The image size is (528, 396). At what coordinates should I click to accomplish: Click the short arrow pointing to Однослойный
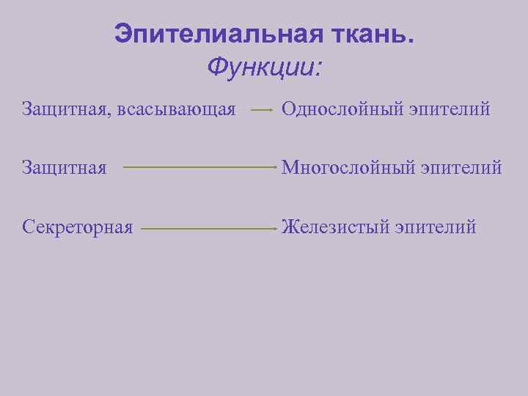pos(263,111)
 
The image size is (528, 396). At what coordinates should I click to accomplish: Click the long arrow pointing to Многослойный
pos(199,167)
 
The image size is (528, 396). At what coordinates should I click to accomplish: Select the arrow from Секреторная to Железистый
pos(208,228)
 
